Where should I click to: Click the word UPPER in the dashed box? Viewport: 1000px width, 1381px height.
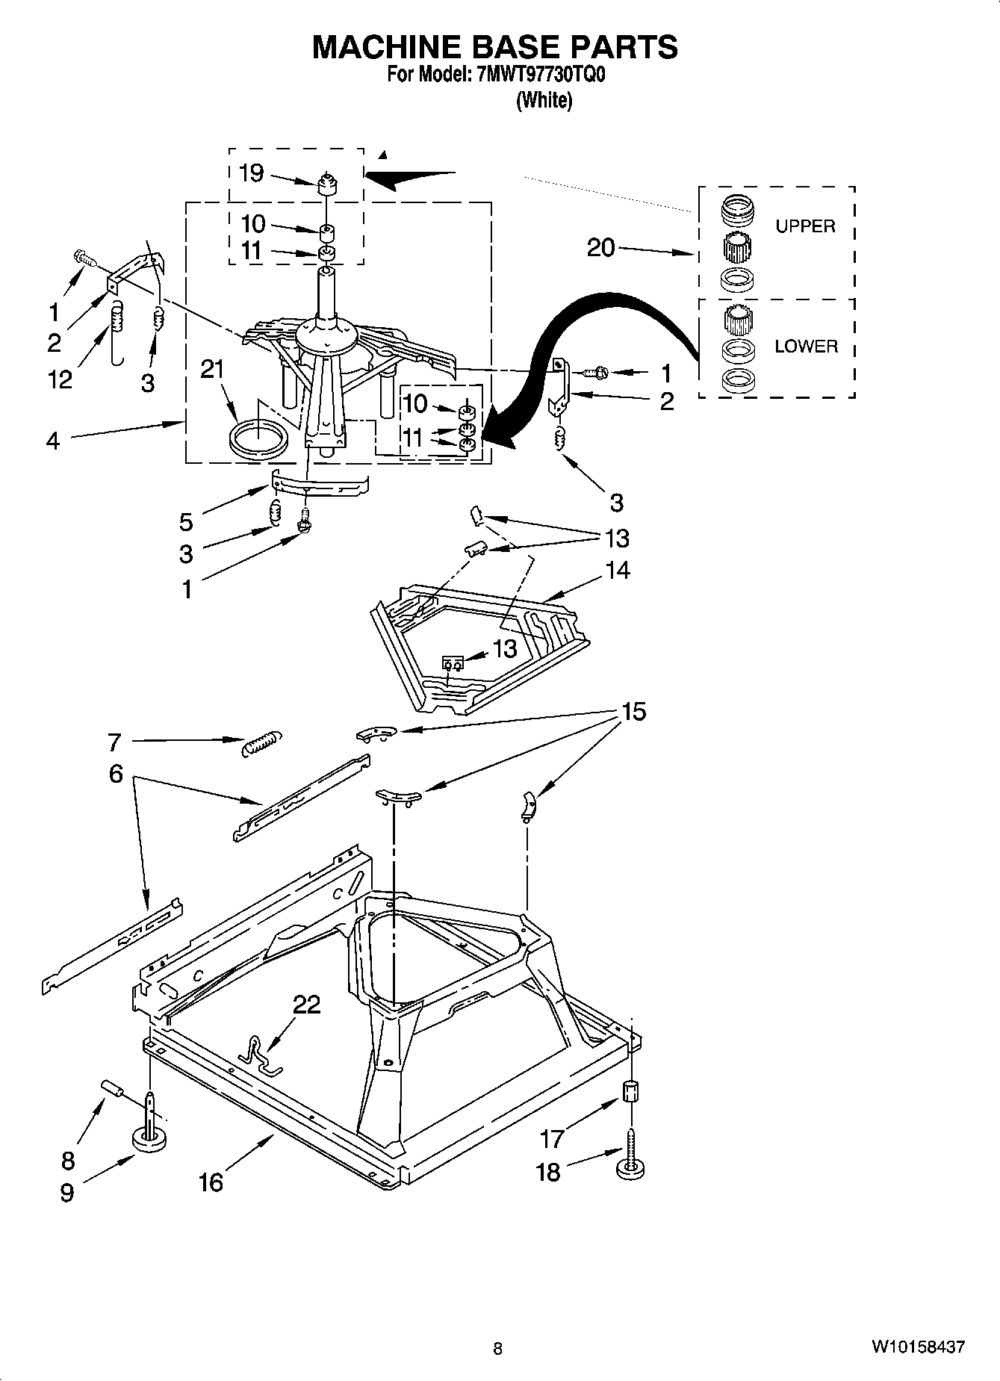point(805,226)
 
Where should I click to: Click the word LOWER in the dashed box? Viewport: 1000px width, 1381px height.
point(806,347)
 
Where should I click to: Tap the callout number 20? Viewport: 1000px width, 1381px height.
point(600,247)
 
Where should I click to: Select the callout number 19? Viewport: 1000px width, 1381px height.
point(252,173)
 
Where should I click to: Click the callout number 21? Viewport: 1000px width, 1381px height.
point(213,369)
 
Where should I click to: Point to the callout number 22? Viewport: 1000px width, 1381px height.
point(306,1005)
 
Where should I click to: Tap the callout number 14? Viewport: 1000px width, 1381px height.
point(618,571)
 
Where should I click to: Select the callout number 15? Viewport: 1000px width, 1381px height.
point(633,712)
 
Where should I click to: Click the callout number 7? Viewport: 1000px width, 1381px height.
point(114,742)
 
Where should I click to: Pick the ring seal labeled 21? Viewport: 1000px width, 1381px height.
point(258,439)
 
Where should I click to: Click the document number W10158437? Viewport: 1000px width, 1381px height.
point(917,1347)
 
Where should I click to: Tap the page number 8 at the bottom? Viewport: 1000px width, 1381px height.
point(497,1348)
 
